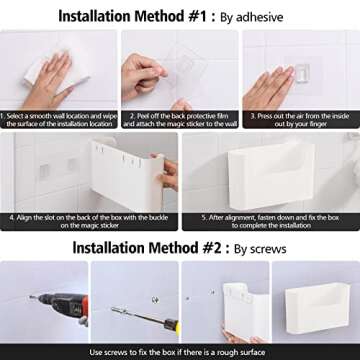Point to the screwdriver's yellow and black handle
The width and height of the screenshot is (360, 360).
click(169, 325)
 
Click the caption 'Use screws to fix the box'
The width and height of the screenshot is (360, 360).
click(180, 352)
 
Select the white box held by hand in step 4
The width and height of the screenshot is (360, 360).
click(111, 180)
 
